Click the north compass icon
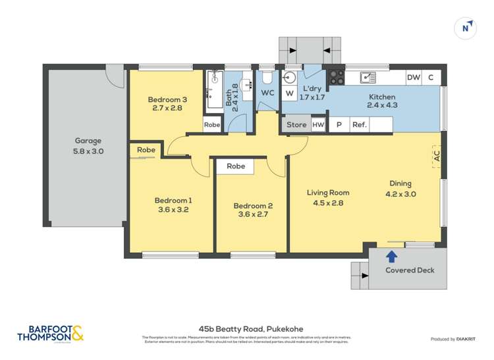click(x=466, y=28)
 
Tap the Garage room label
click(x=88, y=141)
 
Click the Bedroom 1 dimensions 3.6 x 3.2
click(x=173, y=211)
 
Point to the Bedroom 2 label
click(x=253, y=206)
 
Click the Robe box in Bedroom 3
click(x=212, y=124)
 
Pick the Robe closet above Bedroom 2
click(x=236, y=167)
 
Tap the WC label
click(x=267, y=93)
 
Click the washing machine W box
click(x=289, y=93)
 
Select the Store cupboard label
click(x=296, y=124)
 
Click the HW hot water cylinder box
click(x=317, y=124)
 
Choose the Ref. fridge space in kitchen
click(x=360, y=124)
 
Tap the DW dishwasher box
click(x=413, y=78)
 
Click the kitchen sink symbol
click(x=368, y=78)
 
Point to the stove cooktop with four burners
click(x=337, y=77)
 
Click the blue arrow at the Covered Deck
click(x=392, y=256)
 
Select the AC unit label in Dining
click(x=436, y=157)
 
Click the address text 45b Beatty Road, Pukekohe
click(x=246, y=327)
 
